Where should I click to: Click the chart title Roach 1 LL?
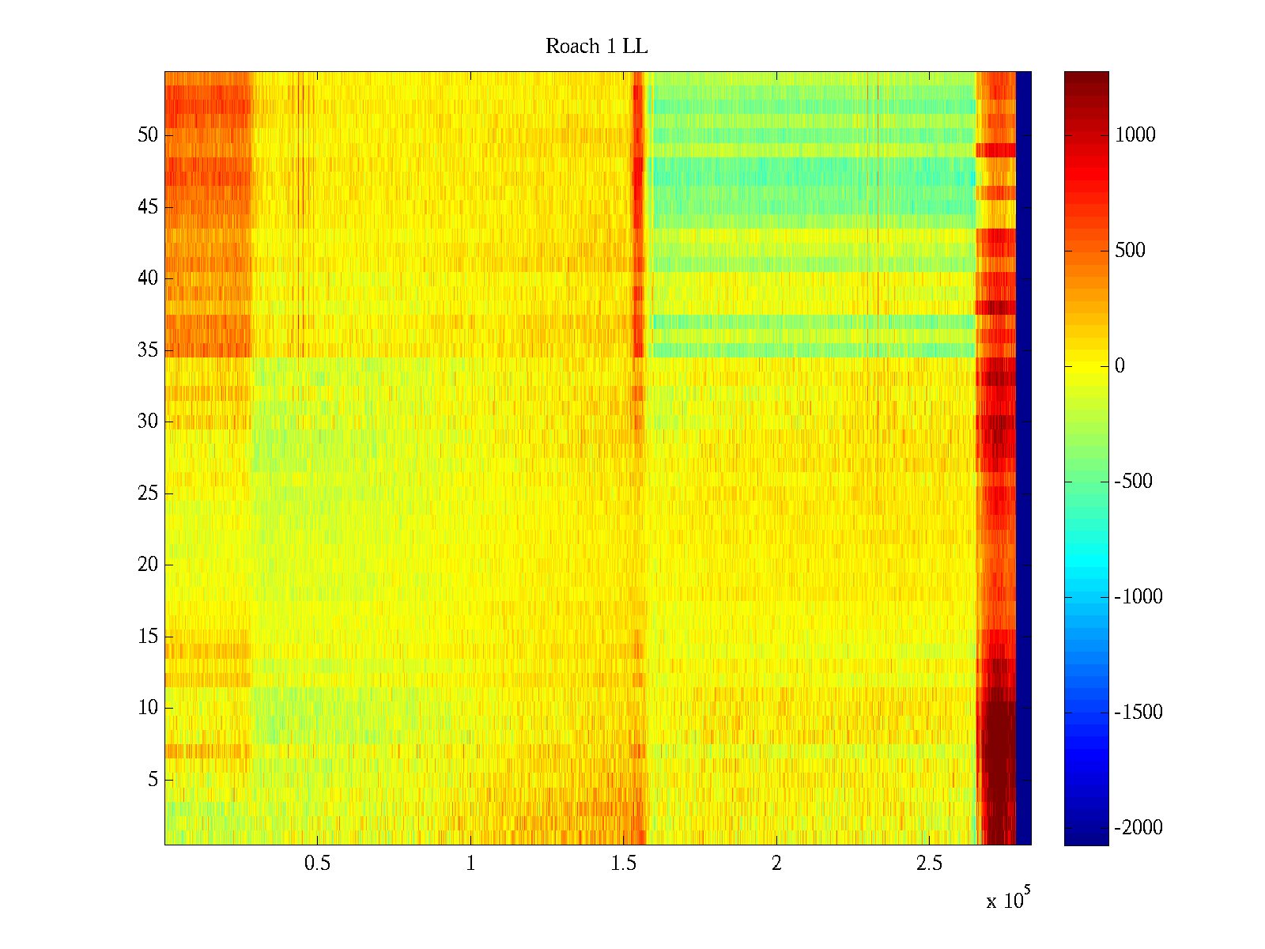pyautogui.click(x=596, y=47)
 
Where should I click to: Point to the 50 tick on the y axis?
pyautogui.click(x=148, y=135)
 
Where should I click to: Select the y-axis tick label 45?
pyautogui.click(x=148, y=207)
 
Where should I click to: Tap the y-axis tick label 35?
pyautogui.click(x=148, y=350)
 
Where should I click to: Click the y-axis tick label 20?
pyautogui.click(x=148, y=565)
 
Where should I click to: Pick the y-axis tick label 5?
pyautogui.click(x=153, y=780)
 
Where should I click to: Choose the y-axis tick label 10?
pyautogui.click(x=148, y=708)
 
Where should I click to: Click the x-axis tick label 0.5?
pyautogui.click(x=317, y=864)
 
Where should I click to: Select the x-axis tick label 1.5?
pyautogui.click(x=623, y=864)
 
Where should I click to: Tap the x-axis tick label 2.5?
pyautogui.click(x=929, y=864)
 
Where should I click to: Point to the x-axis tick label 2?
pyautogui.click(x=776, y=864)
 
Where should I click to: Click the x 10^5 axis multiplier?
pyautogui.click(x=1007, y=900)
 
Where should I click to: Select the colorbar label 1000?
pyautogui.click(x=1135, y=135)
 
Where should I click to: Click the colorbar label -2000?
pyautogui.click(x=1138, y=828)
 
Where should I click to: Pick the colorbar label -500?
pyautogui.click(x=1134, y=482)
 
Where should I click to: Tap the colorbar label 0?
pyautogui.click(x=1120, y=366)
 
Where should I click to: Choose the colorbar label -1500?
pyautogui.click(x=1138, y=713)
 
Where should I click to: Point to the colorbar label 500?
pyautogui.click(x=1131, y=251)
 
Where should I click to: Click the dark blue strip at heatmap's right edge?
pyautogui.click(x=1023, y=459)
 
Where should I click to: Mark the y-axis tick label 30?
pyautogui.click(x=148, y=422)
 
